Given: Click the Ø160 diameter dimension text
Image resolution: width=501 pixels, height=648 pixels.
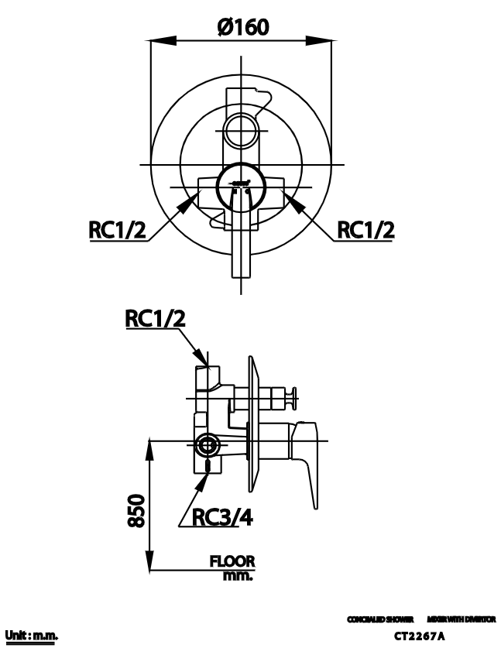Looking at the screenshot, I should tap(243, 27).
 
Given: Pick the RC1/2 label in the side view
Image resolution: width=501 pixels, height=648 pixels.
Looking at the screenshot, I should tap(156, 318).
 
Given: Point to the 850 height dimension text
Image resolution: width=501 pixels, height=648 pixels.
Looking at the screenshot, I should tap(136, 510).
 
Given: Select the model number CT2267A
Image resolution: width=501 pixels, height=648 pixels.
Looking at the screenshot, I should tap(420, 636).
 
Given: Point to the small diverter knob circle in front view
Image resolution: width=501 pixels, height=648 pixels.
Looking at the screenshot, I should tap(242, 126).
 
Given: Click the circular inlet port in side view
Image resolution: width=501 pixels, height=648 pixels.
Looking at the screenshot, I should tap(208, 445).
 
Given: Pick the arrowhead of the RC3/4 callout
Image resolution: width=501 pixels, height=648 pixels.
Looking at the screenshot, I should tap(204, 478).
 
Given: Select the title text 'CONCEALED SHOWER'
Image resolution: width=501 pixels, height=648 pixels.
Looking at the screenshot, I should tap(380, 619).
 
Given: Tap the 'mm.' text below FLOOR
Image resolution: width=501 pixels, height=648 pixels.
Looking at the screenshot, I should tap(238, 576).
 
